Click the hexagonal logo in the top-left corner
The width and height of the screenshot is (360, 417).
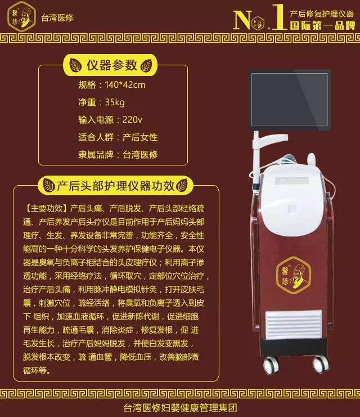(x=21, y=16)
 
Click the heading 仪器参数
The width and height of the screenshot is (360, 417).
(x=112, y=65)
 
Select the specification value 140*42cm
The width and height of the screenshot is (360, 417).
(x=125, y=85)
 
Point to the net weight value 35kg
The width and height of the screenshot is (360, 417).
(x=115, y=102)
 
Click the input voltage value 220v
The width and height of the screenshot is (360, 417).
(x=132, y=120)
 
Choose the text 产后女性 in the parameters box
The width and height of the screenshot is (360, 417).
(x=140, y=137)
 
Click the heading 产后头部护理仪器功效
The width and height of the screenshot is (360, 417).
(x=115, y=186)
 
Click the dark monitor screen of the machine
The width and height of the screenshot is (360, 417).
(x=289, y=100)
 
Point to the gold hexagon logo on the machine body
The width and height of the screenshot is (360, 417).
(x=293, y=275)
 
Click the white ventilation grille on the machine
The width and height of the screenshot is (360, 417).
(x=294, y=325)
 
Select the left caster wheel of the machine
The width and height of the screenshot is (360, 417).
(x=272, y=365)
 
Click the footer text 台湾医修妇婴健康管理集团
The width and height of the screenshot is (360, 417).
(x=180, y=407)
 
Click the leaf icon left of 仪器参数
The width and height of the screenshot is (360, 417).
(x=75, y=65)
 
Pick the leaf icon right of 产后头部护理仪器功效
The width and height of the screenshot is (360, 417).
(x=182, y=186)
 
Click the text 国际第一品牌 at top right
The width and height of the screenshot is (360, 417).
(x=322, y=25)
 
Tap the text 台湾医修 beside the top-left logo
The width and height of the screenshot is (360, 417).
(x=57, y=18)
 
